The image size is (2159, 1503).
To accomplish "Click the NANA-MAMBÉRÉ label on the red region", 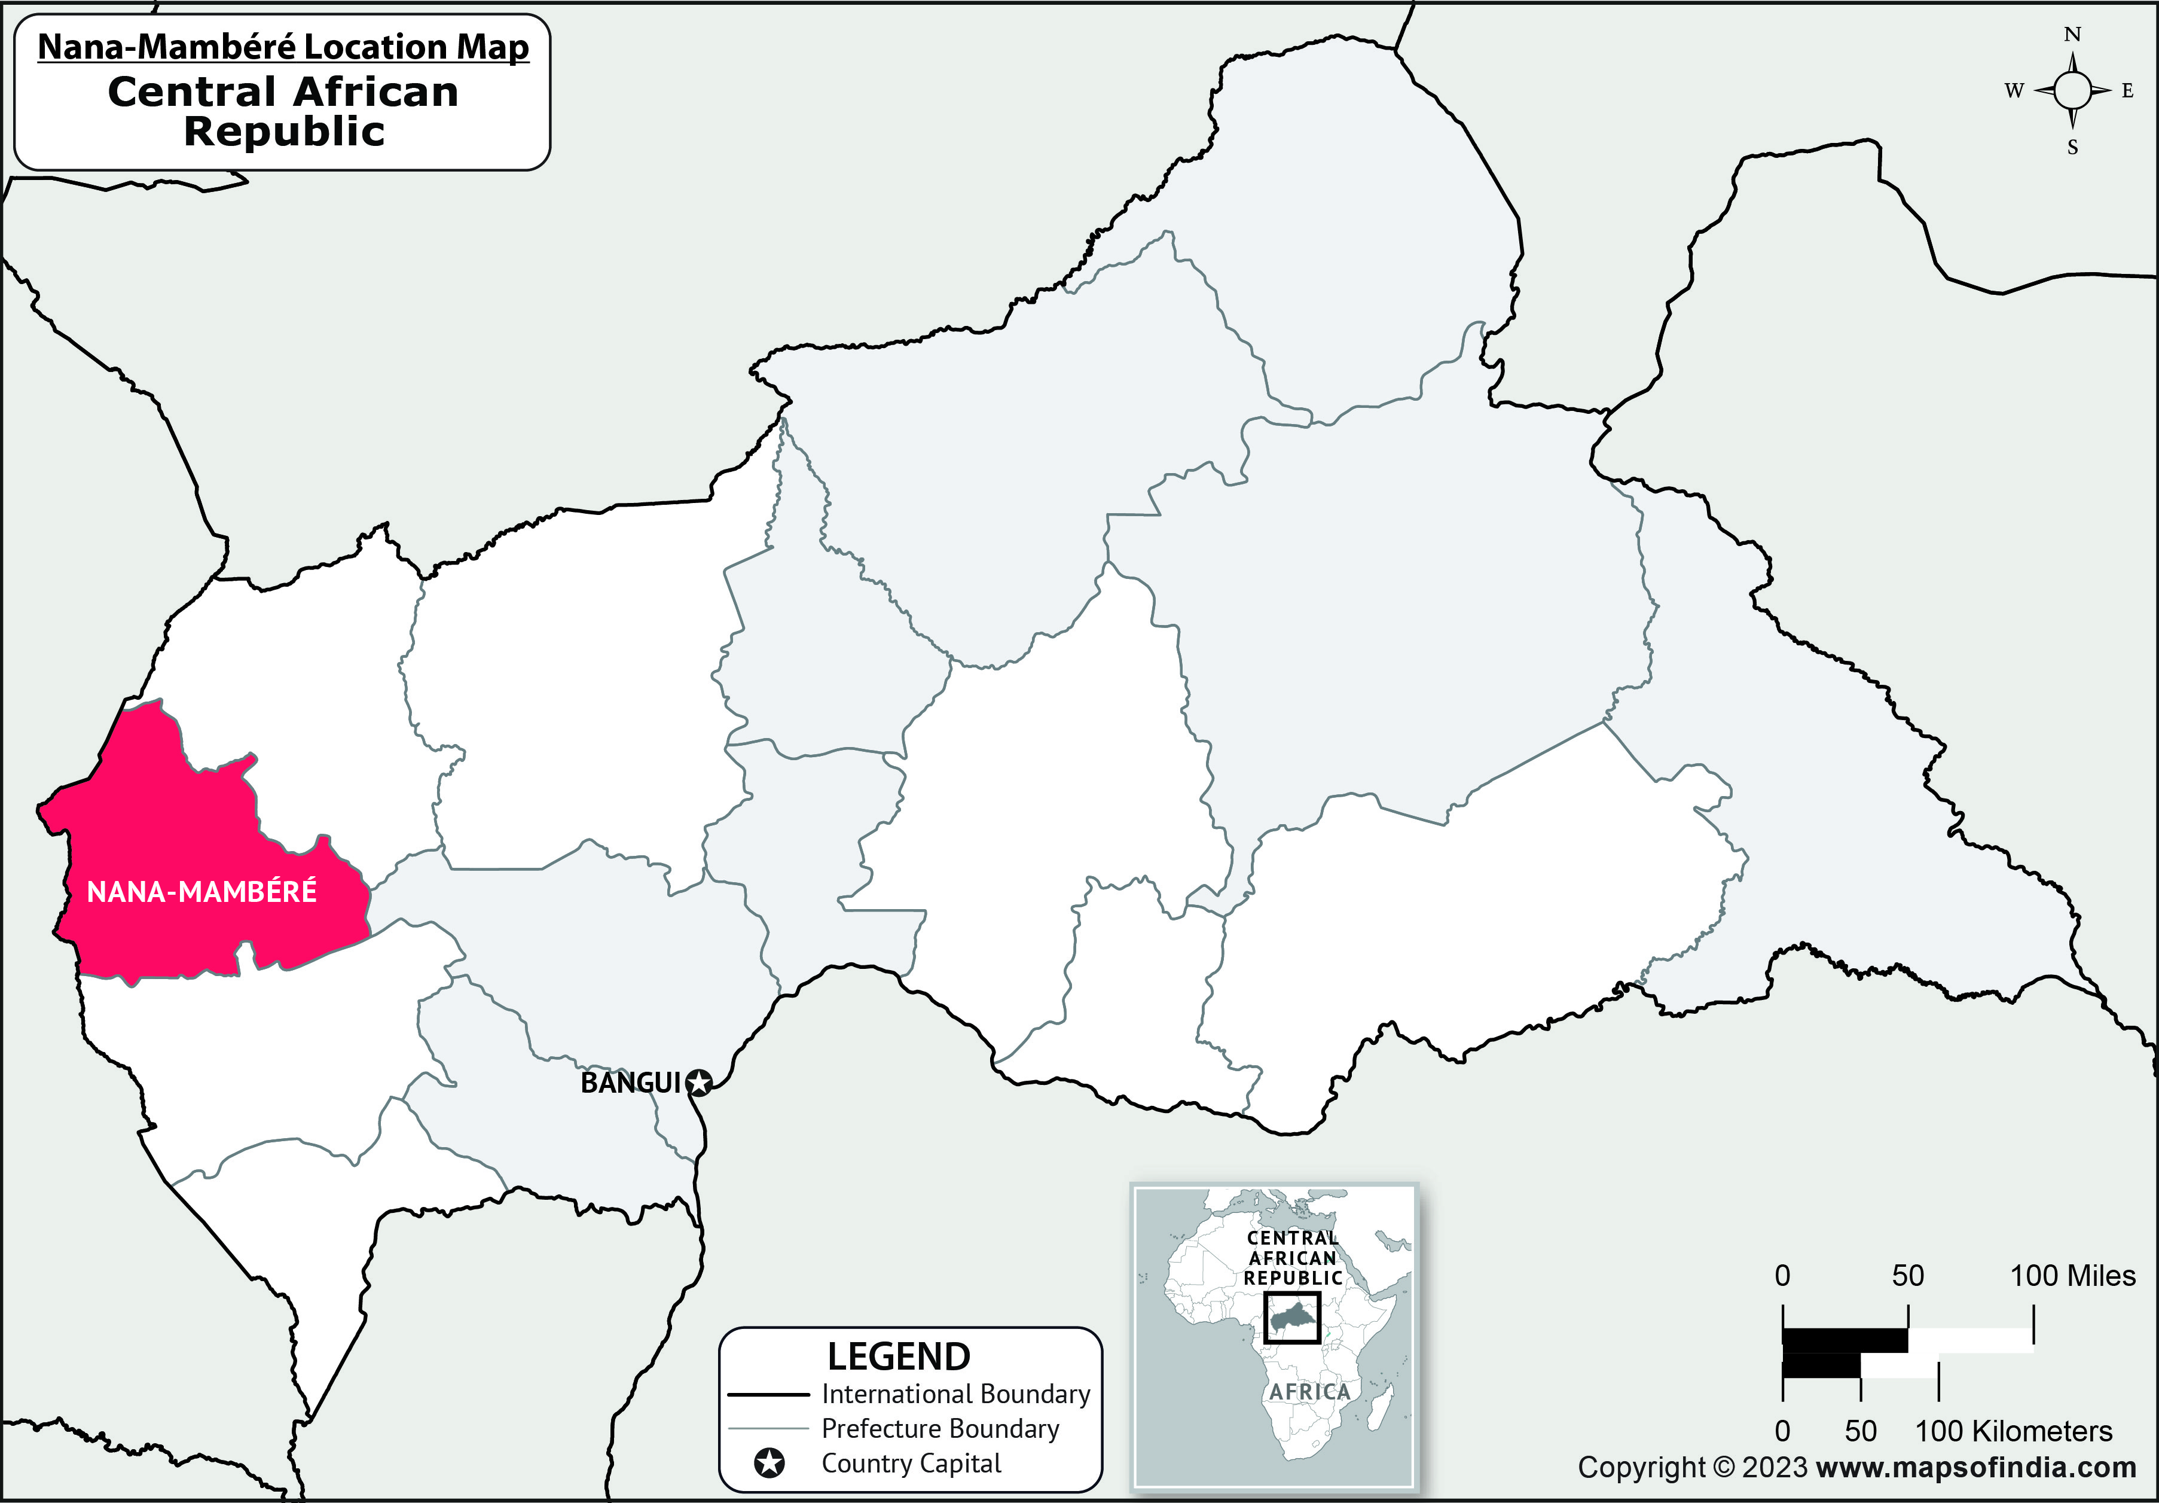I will click(x=201, y=892).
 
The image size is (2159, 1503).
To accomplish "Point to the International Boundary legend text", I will click(x=955, y=1394).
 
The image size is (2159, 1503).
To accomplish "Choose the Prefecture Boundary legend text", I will click(x=940, y=1429).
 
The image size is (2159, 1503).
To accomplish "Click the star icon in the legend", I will click(x=769, y=1464).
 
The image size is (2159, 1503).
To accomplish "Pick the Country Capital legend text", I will click(x=911, y=1464).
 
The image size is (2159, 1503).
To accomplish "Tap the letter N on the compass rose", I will click(x=2072, y=35).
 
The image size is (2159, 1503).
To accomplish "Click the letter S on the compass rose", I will click(x=2072, y=148).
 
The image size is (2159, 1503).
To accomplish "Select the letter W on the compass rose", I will click(x=2013, y=92).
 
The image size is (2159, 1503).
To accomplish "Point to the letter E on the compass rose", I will click(x=2128, y=92).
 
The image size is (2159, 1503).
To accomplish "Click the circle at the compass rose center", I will click(x=2072, y=92).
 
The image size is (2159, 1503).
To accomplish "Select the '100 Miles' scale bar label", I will click(x=2072, y=1276).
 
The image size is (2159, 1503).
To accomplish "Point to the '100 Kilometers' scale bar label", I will click(x=2013, y=1431).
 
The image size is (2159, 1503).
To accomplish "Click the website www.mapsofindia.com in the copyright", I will click(x=1977, y=1467).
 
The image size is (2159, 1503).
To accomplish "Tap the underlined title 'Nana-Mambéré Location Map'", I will click(x=283, y=47).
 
